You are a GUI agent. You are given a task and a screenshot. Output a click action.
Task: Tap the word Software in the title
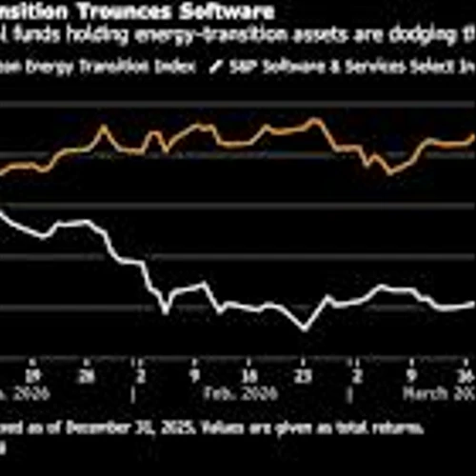click(227, 11)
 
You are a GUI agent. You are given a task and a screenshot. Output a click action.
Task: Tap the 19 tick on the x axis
click(34, 363)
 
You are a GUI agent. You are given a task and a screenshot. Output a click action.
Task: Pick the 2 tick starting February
click(140, 363)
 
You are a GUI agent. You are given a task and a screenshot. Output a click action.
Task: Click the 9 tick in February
click(195, 363)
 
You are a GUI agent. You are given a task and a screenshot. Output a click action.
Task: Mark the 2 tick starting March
click(357, 363)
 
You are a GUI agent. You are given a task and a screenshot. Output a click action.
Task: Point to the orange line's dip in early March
click(388, 173)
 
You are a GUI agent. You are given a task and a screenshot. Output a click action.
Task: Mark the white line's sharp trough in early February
click(167, 311)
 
